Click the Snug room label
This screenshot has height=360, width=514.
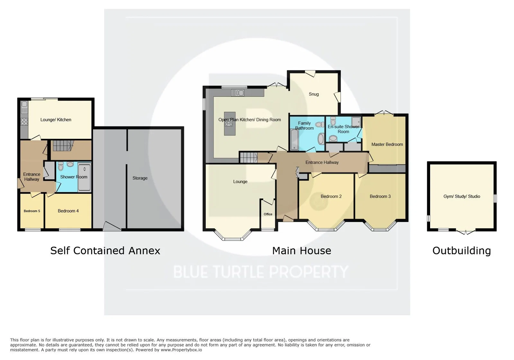coord(314,94)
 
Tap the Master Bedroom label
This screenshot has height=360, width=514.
coord(387,144)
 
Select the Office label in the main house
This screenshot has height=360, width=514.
coord(268,214)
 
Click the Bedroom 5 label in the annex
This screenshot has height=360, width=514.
coord(32,211)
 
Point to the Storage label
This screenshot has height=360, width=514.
coord(140,178)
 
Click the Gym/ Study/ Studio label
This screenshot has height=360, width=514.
coord(462,197)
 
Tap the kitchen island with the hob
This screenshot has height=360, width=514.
coord(230,124)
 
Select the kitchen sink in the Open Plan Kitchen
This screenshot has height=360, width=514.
coord(238,93)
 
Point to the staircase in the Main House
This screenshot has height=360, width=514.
coord(248,158)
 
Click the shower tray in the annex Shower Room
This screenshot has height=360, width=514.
coord(84,177)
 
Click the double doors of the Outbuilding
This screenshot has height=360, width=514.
coord(465,232)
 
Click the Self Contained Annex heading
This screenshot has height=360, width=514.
coord(105,251)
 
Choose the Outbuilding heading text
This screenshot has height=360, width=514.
coord(462,251)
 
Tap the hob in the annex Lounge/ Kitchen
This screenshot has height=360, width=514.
coord(24,122)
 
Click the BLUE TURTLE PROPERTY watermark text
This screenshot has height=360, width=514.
coord(261,272)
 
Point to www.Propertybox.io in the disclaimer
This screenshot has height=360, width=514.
coord(181,350)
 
